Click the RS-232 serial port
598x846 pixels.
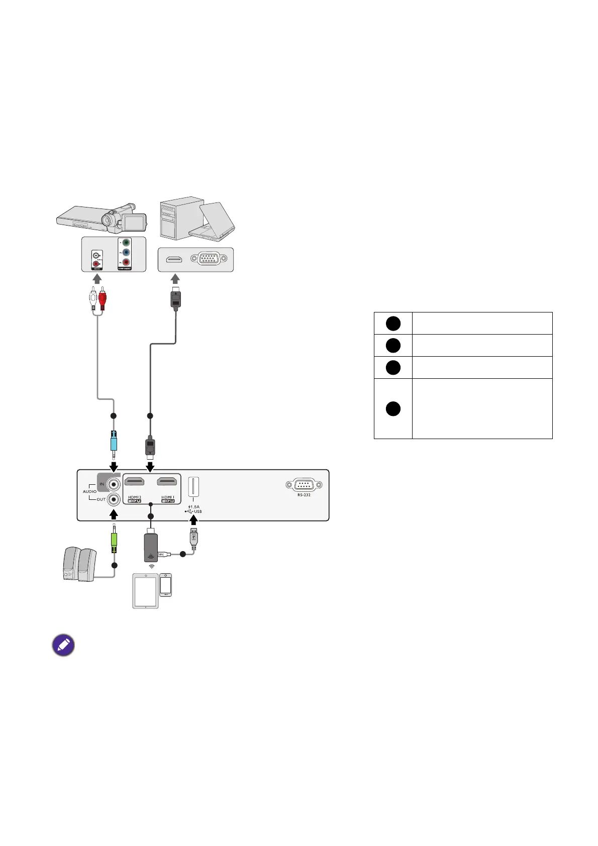point(304,485)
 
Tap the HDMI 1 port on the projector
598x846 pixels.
point(167,482)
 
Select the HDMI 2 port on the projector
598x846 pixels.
point(134,482)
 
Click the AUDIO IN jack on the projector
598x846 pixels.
point(115,485)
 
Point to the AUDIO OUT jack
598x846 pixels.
point(115,499)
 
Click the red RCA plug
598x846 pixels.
point(103,300)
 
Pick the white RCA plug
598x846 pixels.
point(93,300)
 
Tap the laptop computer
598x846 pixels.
point(214,221)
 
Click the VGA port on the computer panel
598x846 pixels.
point(209,259)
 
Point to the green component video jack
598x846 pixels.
point(126,243)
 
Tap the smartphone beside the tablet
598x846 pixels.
point(165,585)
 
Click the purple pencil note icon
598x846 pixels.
point(63,645)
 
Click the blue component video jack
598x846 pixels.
point(126,252)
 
